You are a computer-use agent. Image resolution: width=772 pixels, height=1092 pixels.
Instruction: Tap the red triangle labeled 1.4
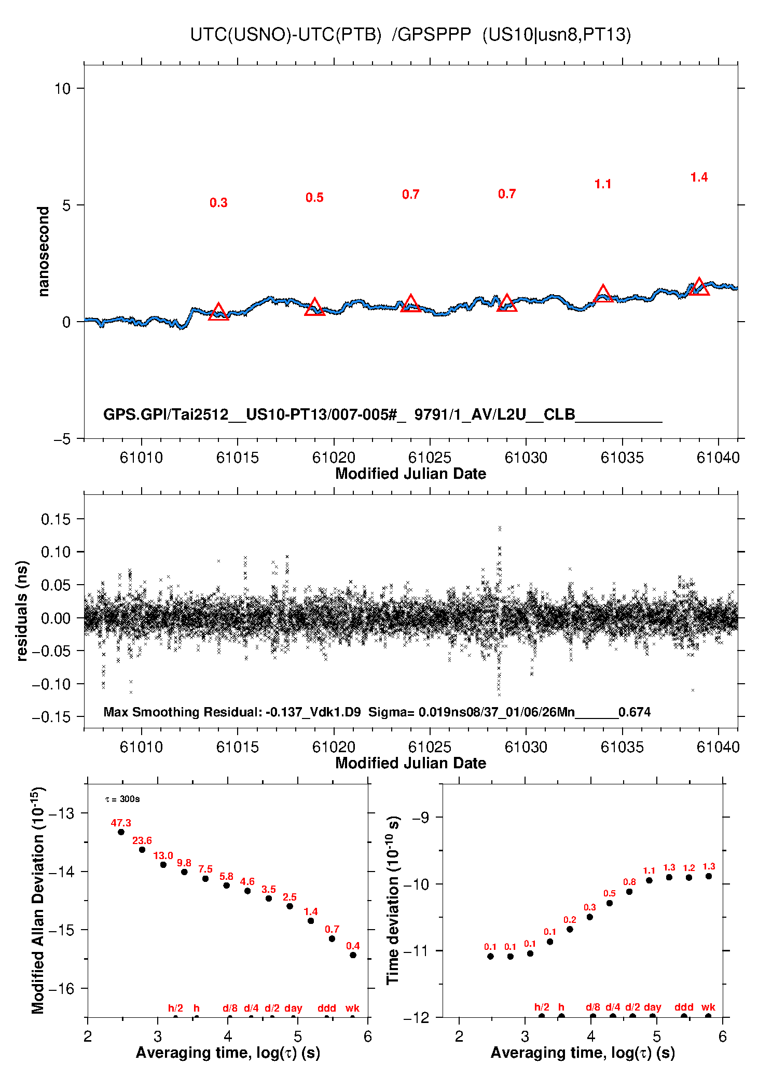(x=699, y=287)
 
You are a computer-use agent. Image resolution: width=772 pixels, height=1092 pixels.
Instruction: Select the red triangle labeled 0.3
(x=218, y=312)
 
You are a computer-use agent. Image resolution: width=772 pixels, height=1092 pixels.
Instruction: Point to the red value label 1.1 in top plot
(x=603, y=184)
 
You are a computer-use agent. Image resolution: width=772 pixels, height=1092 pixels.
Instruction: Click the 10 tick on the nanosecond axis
(x=62, y=89)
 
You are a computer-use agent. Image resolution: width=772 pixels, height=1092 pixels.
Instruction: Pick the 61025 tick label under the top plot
(x=430, y=458)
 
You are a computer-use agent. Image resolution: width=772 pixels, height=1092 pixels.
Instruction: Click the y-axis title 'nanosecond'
(x=44, y=252)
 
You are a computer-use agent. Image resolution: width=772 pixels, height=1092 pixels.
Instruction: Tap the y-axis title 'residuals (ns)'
(x=22, y=611)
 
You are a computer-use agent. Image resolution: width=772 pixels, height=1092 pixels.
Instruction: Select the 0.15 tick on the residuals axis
(x=56, y=519)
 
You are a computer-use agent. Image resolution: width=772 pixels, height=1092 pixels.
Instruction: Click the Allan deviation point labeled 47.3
(x=121, y=832)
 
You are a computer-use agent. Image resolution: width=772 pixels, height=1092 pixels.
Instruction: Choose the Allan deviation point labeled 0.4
(x=353, y=955)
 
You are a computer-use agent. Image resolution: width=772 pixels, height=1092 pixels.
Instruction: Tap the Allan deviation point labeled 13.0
(x=163, y=865)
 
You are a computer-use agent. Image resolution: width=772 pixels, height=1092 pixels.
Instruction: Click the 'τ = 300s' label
(x=122, y=799)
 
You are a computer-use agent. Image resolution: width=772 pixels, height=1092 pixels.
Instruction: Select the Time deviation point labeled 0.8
(x=629, y=892)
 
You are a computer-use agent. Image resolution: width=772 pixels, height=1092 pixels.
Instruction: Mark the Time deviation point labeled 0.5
(x=610, y=903)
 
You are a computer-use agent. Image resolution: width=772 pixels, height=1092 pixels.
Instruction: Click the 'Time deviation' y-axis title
(x=393, y=901)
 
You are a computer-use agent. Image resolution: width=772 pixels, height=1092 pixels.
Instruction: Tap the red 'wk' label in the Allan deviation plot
(x=352, y=1008)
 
